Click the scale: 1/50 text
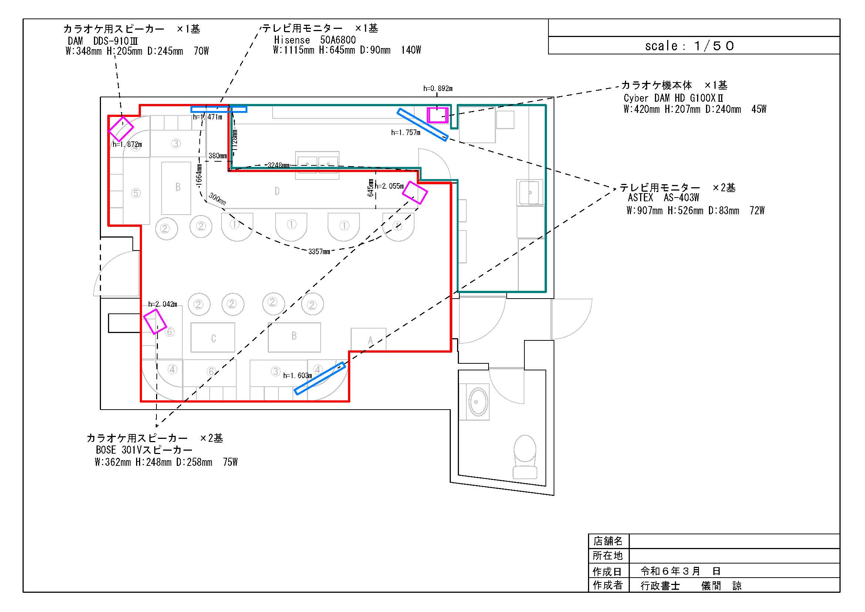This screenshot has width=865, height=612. pyautogui.click(x=689, y=46)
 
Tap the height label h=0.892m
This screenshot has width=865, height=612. pyautogui.click(x=438, y=88)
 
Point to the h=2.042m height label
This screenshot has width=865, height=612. pyautogui.click(x=162, y=304)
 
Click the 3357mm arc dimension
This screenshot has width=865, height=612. pyautogui.click(x=319, y=251)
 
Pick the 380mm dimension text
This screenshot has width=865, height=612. pyautogui.click(x=218, y=156)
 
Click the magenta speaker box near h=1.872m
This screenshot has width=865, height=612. pyautogui.click(x=121, y=129)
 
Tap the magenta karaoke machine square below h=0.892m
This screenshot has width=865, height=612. pyautogui.click(x=437, y=115)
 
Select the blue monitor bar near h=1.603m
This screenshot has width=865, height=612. pyautogui.click(x=320, y=379)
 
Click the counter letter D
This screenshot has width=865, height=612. pyautogui.click(x=277, y=191)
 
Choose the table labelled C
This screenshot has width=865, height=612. pyautogui.click(x=213, y=337)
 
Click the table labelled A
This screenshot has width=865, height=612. pyautogui.click(x=368, y=340)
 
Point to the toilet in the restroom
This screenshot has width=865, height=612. pyautogui.click(x=525, y=457)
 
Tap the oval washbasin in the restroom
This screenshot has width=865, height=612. pyautogui.click(x=478, y=402)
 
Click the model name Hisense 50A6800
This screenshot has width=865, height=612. pyautogui.click(x=315, y=40)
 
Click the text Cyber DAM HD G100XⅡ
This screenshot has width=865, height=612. pyautogui.click(x=673, y=98)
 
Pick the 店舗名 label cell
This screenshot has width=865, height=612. pyautogui.click(x=608, y=541)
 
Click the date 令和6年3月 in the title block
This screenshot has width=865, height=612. pyautogui.click(x=670, y=571)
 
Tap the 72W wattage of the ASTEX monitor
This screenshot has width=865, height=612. pyautogui.click(x=757, y=210)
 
